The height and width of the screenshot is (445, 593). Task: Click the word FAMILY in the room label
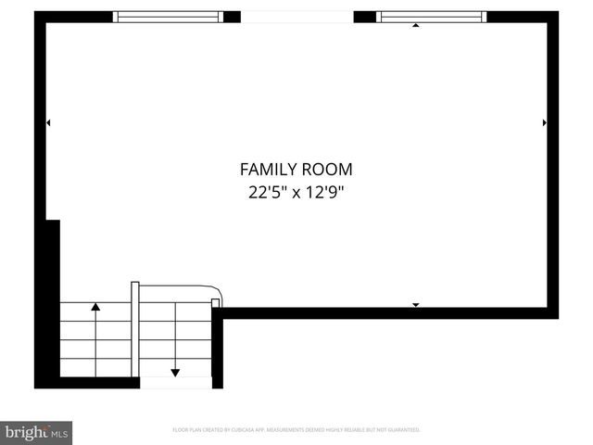click(x=269, y=170)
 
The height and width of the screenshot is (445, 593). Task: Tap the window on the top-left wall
click(x=168, y=17)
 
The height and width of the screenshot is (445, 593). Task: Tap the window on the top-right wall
click(x=432, y=17)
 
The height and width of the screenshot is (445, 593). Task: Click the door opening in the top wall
click(x=296, y=17)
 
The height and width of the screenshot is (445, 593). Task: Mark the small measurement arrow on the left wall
click(x=48, y=122)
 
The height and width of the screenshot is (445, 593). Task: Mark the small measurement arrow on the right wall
click(x=544, y=122)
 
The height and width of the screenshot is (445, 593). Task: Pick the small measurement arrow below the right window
click(x=415, y=26)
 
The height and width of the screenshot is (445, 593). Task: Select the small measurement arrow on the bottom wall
click(x=415, y=305)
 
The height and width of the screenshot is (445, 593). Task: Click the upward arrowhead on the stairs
click(x=95, y=305)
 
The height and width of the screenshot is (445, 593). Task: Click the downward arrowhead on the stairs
click(x=175, y=372)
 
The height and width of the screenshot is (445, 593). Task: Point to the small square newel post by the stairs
click(x=216, y=301)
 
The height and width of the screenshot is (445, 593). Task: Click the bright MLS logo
click(x=36, y=432)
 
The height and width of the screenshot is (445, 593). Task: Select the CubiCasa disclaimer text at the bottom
click(x=296, y=430)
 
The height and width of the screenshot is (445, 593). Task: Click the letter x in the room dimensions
click(x=296, y=194)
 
